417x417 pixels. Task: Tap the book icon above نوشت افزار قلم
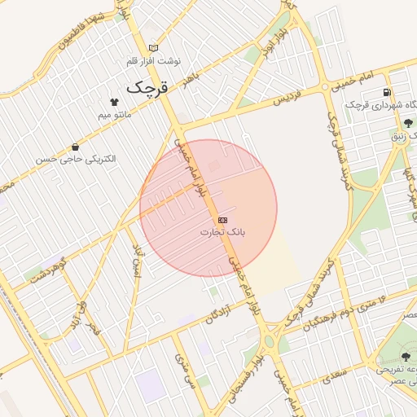click(153, 48)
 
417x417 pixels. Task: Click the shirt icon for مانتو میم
click(114, 102)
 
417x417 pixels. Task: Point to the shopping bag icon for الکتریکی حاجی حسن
click(76, 147)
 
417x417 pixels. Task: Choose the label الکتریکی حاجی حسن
click(76, 159)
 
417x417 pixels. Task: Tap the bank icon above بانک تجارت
click(222, 220)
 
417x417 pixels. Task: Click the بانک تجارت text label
click(222, 233)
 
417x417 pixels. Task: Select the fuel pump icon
click(386, 91)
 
